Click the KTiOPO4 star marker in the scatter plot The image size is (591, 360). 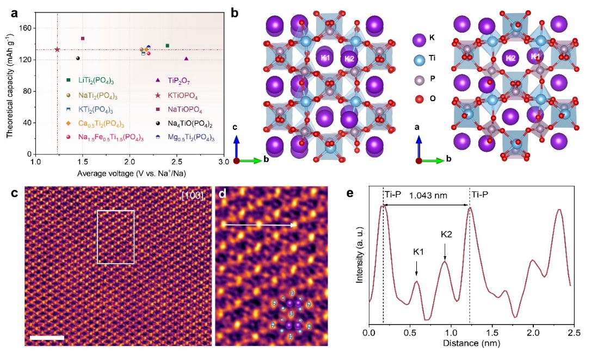coord(57,49)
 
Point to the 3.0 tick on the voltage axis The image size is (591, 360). coord(223,162)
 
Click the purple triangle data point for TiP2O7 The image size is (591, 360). coord(187,59)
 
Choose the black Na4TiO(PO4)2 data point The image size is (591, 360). coord(78,59)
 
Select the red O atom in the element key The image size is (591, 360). coord(418,99)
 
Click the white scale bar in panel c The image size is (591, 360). coord(47,338)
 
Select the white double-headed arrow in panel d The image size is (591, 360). coord(261,224)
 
